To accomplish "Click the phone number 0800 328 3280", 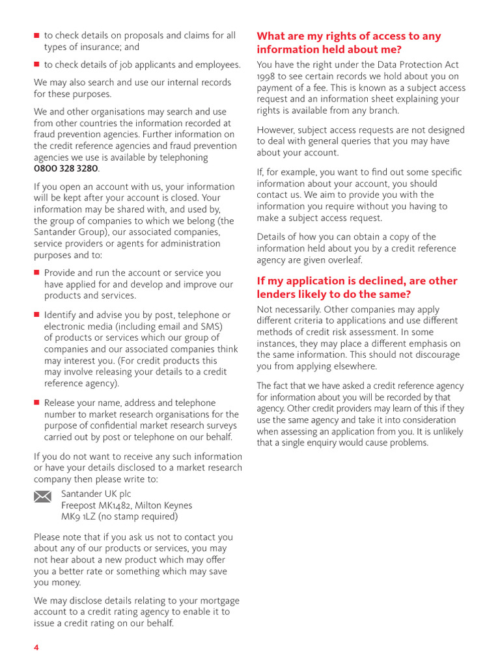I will coord(66,168).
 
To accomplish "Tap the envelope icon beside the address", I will coord(42,497).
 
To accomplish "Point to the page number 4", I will coord(36,648).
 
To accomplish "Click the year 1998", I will coord(267,76).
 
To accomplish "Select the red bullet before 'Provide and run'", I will coord(37,273).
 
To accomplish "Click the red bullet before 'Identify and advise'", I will coord(37,315).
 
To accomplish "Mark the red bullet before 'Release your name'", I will coord(37,403).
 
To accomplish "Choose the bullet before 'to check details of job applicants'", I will coord(37,64).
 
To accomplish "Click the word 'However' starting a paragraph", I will coord(277,130).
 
